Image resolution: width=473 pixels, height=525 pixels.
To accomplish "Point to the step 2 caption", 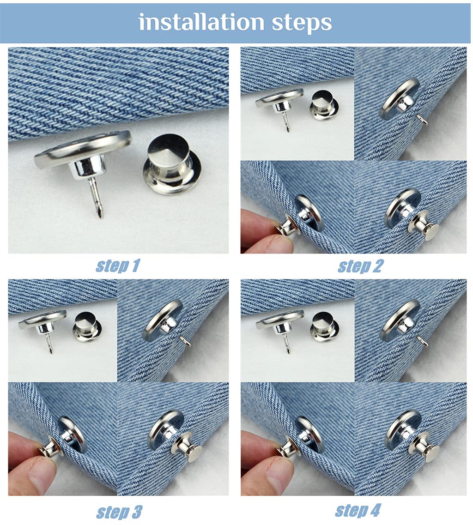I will (360, 266).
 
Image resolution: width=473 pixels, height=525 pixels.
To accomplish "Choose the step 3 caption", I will (119, 512).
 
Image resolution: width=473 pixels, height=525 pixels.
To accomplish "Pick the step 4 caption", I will (358, 510).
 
